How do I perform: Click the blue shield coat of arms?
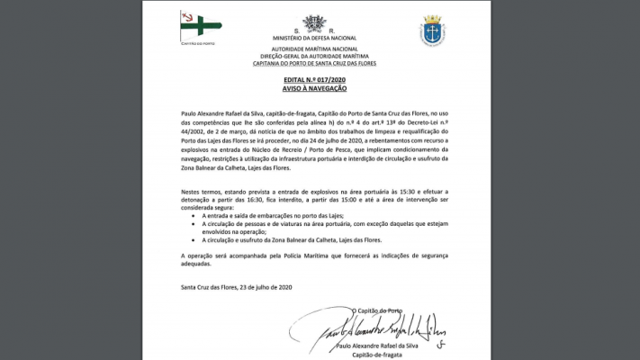(x=432, y=31)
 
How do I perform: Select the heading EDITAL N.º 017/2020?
(x=313, y=81)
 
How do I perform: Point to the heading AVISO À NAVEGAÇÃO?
(x=313, y=92)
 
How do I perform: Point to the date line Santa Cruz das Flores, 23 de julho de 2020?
(x=238, y=287)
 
